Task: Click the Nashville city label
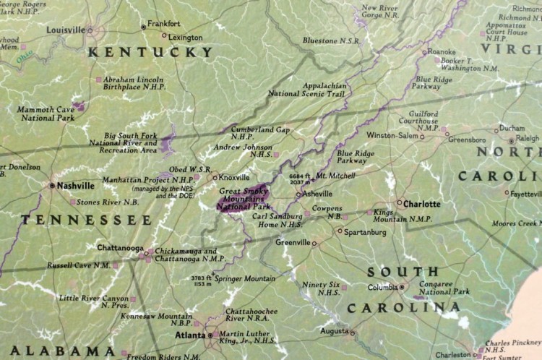tap(77, 185)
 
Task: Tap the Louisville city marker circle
tap(90, 30)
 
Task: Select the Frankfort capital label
tap(163, 24)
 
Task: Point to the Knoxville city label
tap(234, 177)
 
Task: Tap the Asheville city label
tap(317, 194)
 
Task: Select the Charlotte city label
tap(421, 204)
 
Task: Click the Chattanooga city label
tap(120, 248)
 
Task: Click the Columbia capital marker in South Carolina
tap(403, 287)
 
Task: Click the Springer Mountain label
tap(243, 278)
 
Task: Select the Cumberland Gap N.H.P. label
tap(260, 133)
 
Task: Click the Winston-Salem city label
tap(392, 135)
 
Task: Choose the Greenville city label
tap(293, 242)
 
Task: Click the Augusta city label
tap(333, 331)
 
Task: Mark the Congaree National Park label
tap(446, 289)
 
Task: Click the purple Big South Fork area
tap(168, 143)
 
